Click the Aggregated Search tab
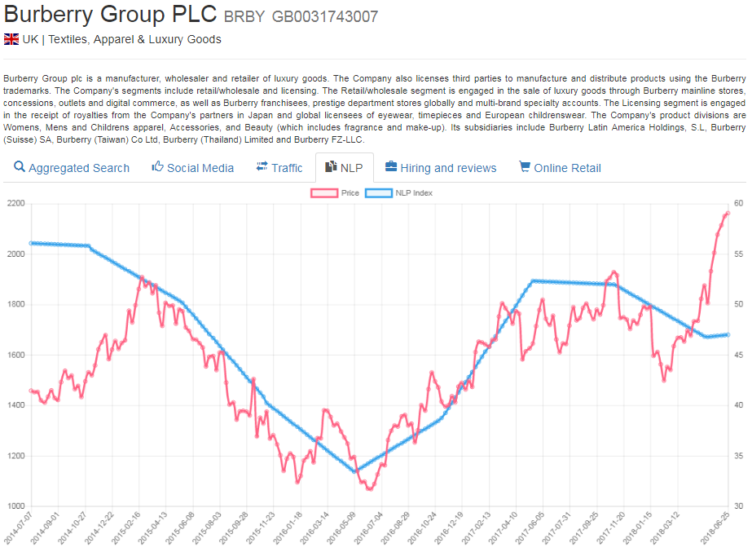(x=72, y=168)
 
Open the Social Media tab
(x=192, y=168)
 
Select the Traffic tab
(x=279, y=168)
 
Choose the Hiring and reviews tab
(x=440, y=168)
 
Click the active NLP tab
(x=344, y=168)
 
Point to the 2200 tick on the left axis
(x=15, y=204)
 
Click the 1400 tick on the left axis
(x=15, y=405)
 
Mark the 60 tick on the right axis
(x=738, y=204)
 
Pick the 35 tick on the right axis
(x=738, y=456)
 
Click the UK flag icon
(x=11, y=39)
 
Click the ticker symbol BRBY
(x=244, y=17)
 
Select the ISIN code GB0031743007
(x=325, y=17)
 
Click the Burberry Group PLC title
(x=111, y=15)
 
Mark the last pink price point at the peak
(x=728, y=214)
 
